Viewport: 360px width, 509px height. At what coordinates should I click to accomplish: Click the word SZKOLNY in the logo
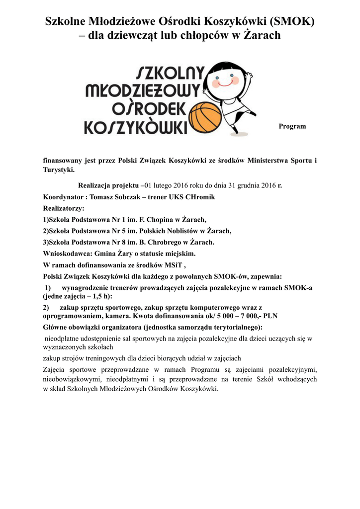click(170, 74)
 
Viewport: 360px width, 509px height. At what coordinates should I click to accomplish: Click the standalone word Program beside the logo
click(292, 126)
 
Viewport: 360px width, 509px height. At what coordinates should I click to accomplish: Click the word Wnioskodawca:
click(64, 253)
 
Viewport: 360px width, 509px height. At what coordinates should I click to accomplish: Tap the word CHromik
click(200, 197)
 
